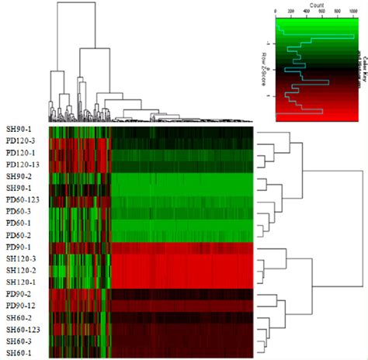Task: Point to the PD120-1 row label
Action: tap(19, 153)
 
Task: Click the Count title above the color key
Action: tap(316, 5)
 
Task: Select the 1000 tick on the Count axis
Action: tap(354, 12)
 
